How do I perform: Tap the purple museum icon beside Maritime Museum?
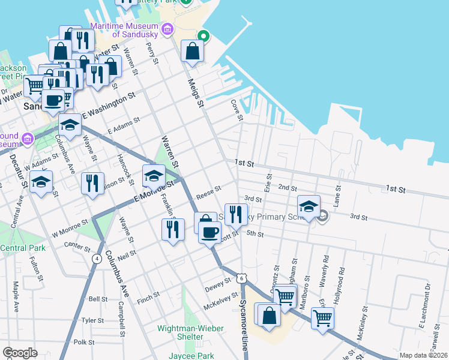pos(167,29)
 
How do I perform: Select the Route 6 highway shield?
pos(241,278)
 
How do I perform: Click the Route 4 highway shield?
pos(97,259)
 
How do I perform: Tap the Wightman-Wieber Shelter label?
pos(190,332)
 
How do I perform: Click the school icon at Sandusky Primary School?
pos(309,206)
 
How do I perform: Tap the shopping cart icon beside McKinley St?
pos(323,317)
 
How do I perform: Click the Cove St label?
pos(237,109)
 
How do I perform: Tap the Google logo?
pos(20,353)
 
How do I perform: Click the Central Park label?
pos(23,248)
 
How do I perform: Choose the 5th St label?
pos(255,233)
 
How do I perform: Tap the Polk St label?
pos(84,342)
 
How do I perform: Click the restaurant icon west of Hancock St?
pos(92,182)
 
